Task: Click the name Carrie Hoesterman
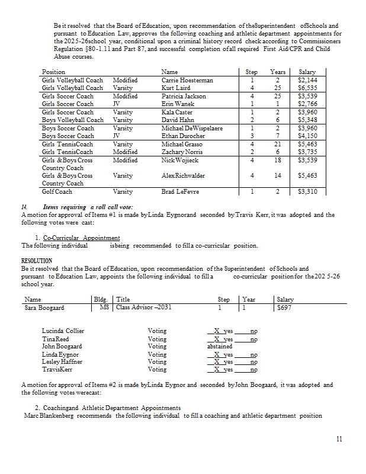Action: click(x=187, y=80)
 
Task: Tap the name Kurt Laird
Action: click(x=176, y=88)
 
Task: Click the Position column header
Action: click(x=53, y=72)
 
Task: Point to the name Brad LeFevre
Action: click(x=180, y=192)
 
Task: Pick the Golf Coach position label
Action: click(x=57, y=192)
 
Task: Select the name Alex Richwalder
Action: click(x=183, y=176)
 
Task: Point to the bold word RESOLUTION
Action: click(x=37, y=261)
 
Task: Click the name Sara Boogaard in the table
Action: click(x=44, y=308)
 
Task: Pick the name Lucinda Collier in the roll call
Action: click(x=63, y=331)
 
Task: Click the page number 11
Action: click(x=338, y=439)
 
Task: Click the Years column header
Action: click(x=277, y=72)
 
